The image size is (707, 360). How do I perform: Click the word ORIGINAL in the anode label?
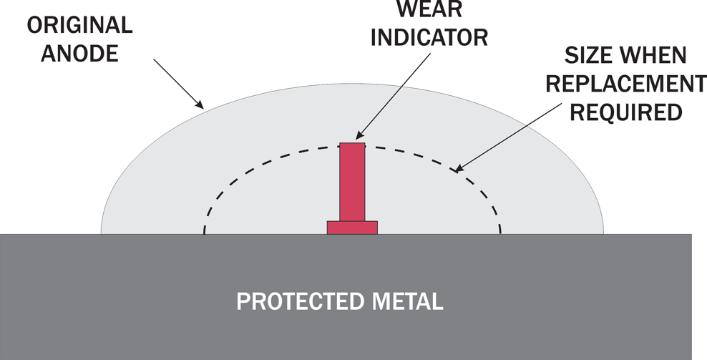point(80,25)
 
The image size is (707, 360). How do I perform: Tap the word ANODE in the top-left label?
point(80,54)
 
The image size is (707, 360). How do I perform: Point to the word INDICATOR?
point(429,37)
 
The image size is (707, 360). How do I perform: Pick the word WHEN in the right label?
point(653,56)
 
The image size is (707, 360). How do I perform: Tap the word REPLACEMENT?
point(626,84)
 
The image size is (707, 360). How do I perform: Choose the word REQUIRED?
point(626,112)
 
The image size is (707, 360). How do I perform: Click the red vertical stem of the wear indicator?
point(352,182)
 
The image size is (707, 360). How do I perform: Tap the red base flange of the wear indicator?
point(352,228)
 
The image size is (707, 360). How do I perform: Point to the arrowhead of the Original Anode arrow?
point(200,104)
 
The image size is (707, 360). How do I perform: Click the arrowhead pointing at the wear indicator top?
point(359,135)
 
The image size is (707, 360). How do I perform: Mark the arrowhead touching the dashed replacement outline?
point(457,170)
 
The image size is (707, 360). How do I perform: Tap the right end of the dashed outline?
point(500,233)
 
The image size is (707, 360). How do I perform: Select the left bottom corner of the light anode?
point(101,234)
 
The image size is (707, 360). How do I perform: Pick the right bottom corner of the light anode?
point(603,234)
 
